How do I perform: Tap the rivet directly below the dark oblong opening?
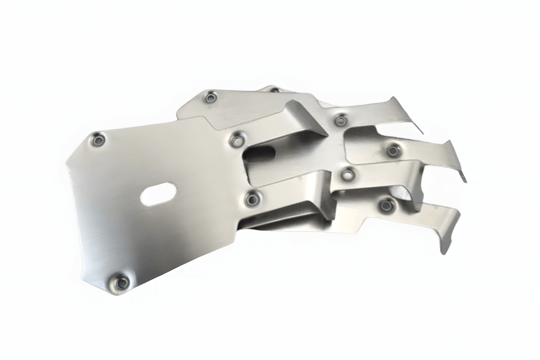pos(252,199)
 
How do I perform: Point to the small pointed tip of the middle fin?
pos(463,177)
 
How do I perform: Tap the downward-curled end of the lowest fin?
pos(444,247)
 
